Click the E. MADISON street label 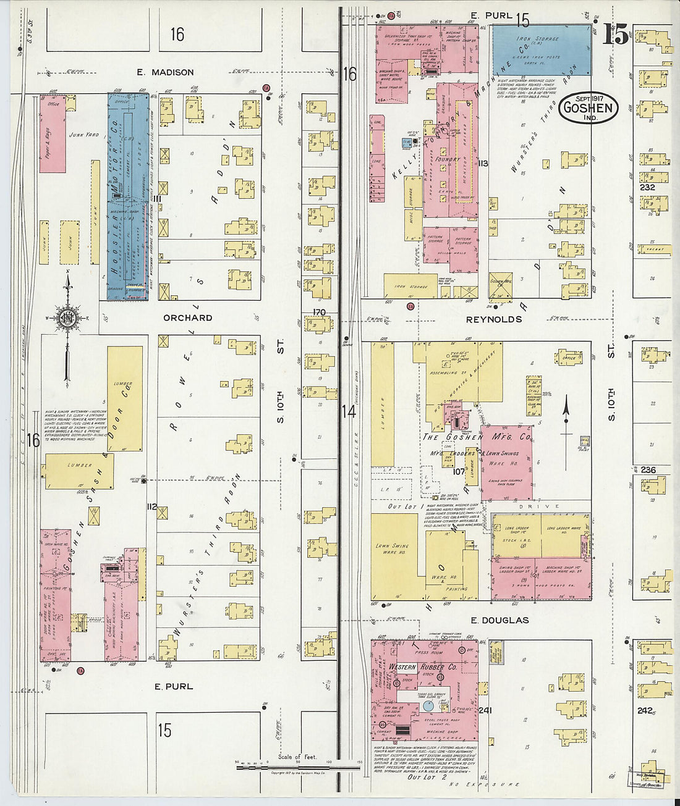[x=165, y=72]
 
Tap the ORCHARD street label [x=187, y=317]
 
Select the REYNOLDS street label [x=493, y=319]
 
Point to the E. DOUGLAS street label [x=499, y=620]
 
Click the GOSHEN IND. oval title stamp [x=589, y=108]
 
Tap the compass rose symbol [x=66, y=317]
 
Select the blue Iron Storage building [x=541, y=50]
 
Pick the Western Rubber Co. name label [x=423, y=667]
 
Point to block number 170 [x=319, y=312]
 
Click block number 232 [x=647, y=187]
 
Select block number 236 [x=648, y=470]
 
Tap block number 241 [x=485, y=710]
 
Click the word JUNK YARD [x=83, y=135]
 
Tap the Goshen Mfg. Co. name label [x=477, y=437]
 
